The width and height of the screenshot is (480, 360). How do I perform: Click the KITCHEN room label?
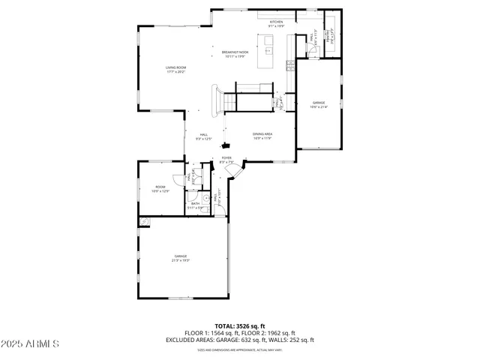tap(276, 22)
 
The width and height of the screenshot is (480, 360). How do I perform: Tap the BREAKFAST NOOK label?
tap(235, 52)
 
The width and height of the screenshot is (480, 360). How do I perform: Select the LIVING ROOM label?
tap(175, 68)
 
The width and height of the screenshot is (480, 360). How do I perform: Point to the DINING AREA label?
tap(262, 135)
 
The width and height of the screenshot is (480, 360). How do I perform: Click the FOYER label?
tap(226, 158)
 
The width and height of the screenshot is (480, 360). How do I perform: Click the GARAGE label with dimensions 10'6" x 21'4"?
tap(318, 102)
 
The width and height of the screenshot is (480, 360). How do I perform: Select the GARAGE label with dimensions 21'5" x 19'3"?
tap(181, 257)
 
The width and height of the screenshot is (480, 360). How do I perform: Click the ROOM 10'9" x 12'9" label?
tap(160, 187)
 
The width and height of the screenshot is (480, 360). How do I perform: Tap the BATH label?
tap(195, 203)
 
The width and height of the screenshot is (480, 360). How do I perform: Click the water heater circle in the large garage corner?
tap(145, 221)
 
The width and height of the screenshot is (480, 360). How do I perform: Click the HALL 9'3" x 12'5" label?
tap(203, 136)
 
